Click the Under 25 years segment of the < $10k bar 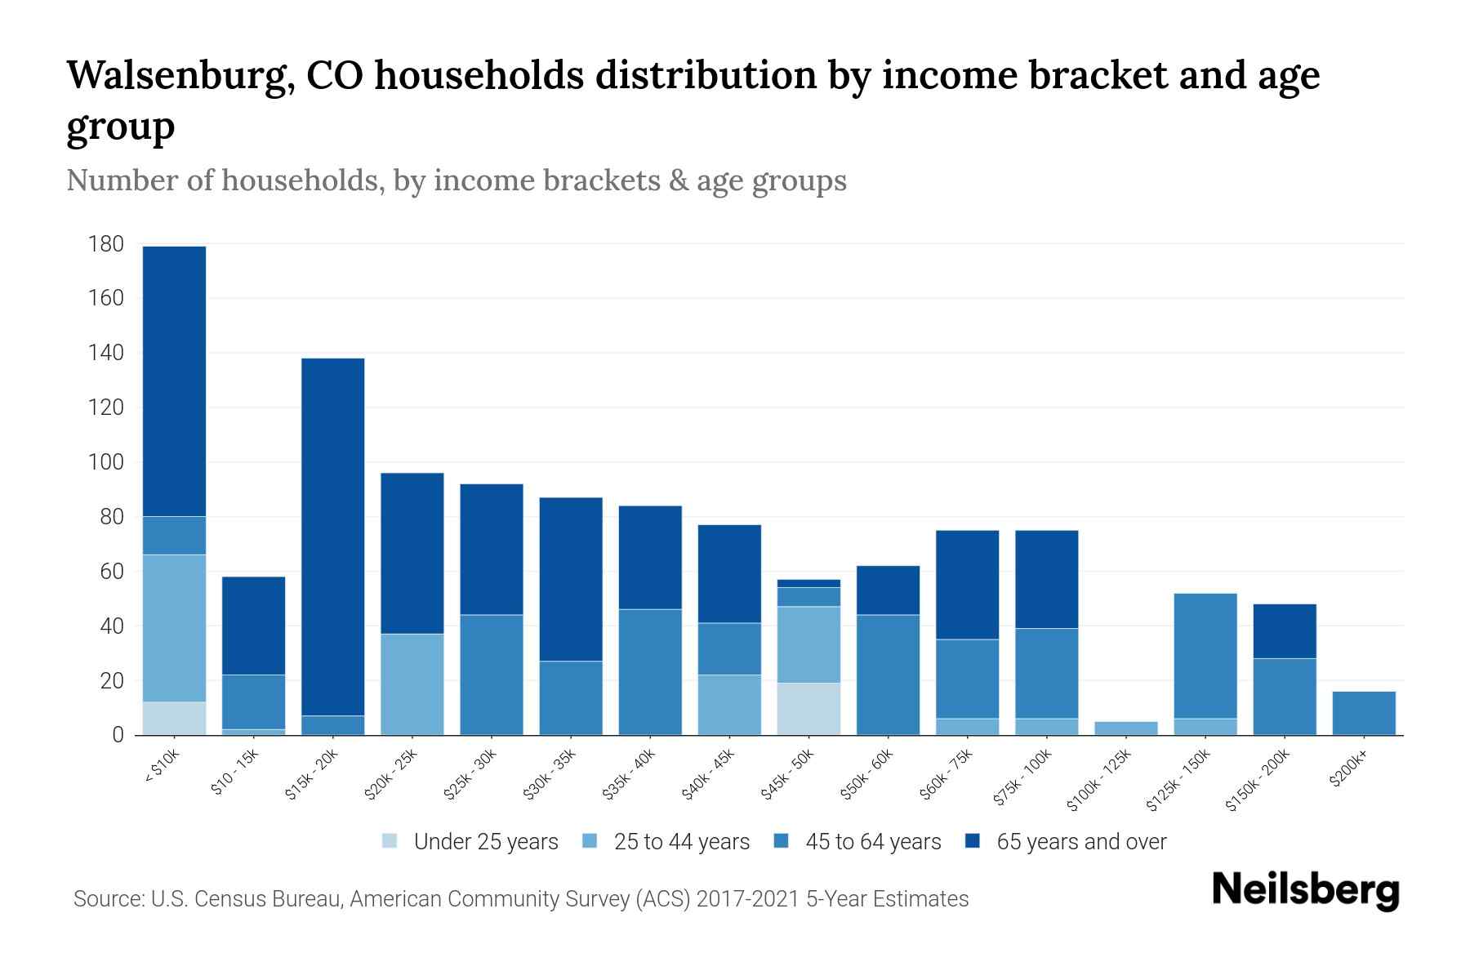[174, 718]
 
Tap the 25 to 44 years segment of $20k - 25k [412, 684]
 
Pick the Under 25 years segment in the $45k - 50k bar [808, 709]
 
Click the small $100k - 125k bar [1125, 728]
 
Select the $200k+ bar [1364, 713]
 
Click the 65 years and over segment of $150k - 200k [1285, 631]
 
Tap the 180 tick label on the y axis [106, 244]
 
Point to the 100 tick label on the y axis [106, 462]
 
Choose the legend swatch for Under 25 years [390, 841]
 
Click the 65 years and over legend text [1081, 842]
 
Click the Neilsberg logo [1305, 890]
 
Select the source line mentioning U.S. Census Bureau [521, 899]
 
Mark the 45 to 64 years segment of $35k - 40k [650, 671]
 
